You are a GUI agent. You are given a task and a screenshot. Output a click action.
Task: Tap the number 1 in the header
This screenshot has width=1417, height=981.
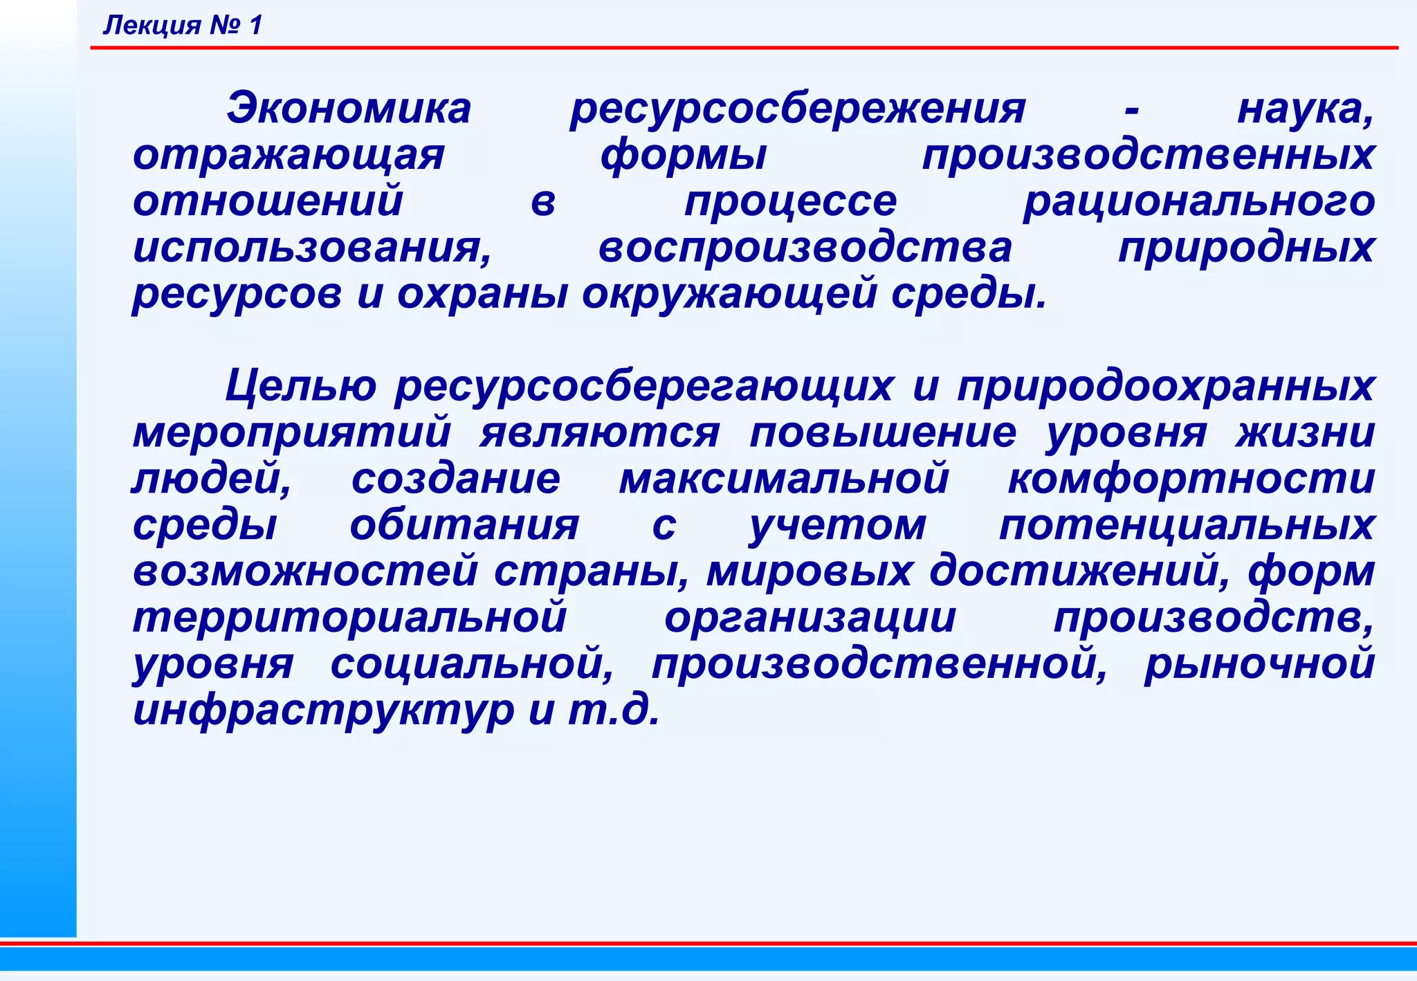[255, 26]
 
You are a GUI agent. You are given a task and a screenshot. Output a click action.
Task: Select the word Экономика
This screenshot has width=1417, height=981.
[349, 109]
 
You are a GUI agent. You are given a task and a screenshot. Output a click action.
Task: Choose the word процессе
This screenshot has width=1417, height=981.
[791, 203]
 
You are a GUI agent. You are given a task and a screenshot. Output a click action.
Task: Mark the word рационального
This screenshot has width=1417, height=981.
[1199, 203]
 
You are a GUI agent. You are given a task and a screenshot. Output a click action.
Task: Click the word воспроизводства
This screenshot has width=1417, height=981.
[805, 249]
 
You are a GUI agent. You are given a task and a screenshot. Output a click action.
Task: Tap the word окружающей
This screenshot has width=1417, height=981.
[728, 295]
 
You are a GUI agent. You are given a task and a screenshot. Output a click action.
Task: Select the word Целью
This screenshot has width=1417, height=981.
[301, 386]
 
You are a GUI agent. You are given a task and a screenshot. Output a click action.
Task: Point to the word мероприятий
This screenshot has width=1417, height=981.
[292, 434]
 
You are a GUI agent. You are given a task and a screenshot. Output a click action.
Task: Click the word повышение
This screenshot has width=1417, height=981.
[883, 434]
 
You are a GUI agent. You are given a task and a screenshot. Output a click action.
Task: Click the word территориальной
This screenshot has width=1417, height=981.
[350, 618]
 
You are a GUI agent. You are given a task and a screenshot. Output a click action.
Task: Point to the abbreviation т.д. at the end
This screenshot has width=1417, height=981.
[614, 710]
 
